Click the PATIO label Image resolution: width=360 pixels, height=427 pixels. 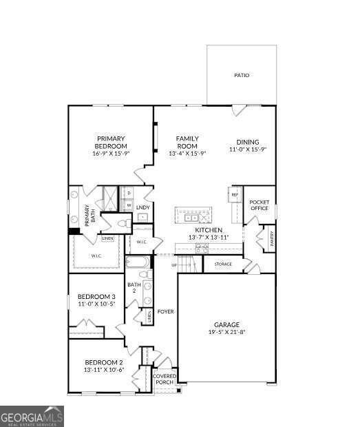(242, 75)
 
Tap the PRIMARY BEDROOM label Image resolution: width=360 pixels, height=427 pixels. (111, 142)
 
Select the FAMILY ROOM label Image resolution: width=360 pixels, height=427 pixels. (187, 142)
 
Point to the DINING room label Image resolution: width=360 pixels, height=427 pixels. (248, 142)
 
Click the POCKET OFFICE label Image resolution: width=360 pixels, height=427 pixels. (259, 205)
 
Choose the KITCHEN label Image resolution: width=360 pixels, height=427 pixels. (208, 230)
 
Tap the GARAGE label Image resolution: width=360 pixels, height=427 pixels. (226, 324)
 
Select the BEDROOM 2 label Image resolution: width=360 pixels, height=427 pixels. (103, 362)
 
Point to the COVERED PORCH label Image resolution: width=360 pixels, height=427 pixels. (165, 379)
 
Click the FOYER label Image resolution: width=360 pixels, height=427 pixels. (165, 311)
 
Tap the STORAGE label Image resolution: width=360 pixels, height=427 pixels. (223, 264)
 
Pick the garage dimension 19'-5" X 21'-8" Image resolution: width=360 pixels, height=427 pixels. (226, 332)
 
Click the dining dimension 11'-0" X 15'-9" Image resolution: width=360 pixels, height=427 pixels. (248, 149)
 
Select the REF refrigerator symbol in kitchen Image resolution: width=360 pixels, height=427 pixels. (234, 195)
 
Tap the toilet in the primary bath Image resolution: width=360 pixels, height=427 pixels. (123, 224)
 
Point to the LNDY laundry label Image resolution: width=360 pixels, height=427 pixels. (143, 207)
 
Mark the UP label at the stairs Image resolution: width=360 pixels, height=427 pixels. (174, 264)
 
